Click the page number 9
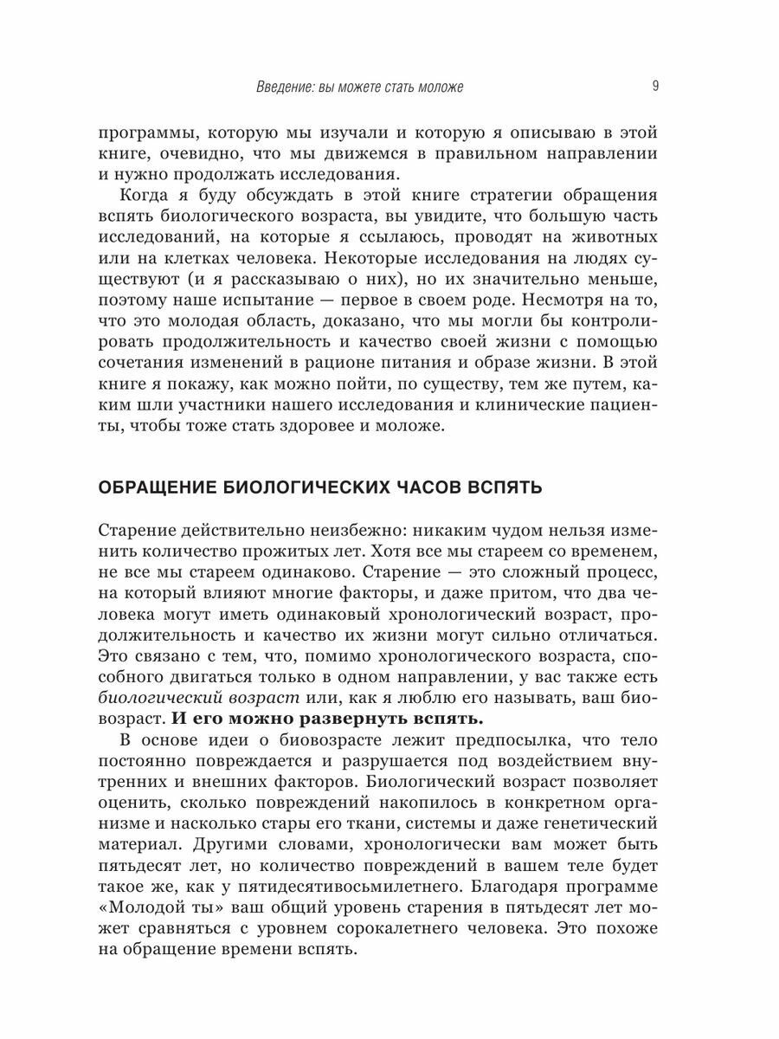[654, 86]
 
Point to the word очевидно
[189, 154]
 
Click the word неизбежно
[351, 530]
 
